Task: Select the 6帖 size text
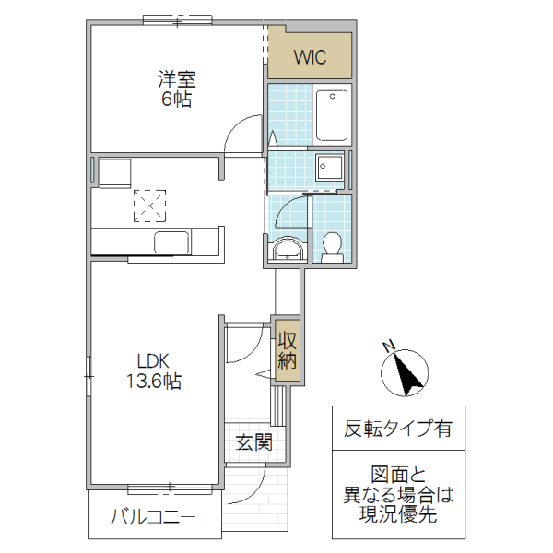[176, 100]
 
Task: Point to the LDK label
[155, 360]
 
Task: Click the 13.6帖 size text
[155, 382]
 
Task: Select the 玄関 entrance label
[253, 441]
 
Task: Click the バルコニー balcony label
[154, 517]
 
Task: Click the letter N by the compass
[389, 347]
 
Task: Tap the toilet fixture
[332, 245]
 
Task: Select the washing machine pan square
[329, 168]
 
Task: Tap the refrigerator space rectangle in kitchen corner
[116, 171]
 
